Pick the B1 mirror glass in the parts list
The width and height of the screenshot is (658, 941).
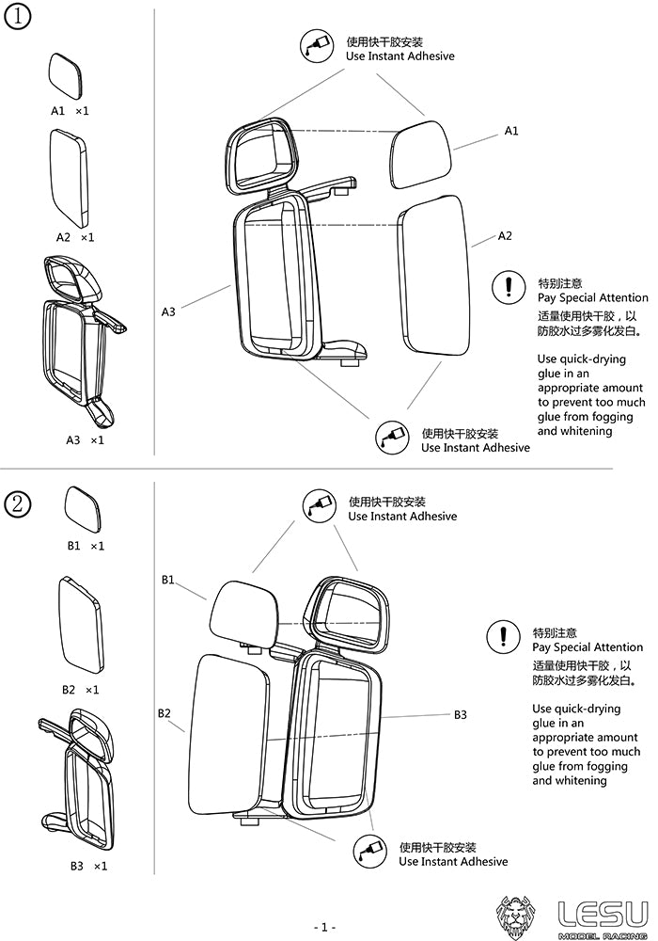(x=83, y=509)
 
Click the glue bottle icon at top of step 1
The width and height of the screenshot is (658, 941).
(x=316, y=47)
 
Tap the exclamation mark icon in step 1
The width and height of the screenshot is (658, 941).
(x=509, y=286)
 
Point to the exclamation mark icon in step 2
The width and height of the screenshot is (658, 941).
(x=503, y=637)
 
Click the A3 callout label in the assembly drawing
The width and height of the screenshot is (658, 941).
(x=168, y=311)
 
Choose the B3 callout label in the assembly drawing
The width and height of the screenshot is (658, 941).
(x=461, y=715)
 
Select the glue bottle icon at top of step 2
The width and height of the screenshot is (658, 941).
(x=319, y=506)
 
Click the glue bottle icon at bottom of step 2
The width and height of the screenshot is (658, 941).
(x=369, y=852)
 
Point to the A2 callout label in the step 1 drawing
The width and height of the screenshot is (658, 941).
(x=505, y=235)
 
